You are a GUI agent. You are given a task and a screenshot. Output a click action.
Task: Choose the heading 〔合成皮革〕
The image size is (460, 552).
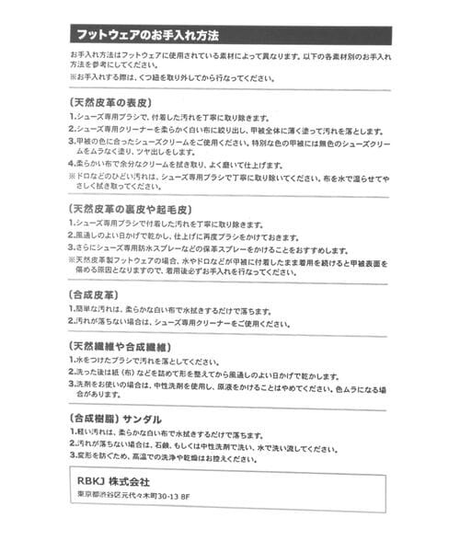click(x=96, y=294)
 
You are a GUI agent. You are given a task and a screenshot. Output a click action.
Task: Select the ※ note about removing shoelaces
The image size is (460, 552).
click(x=166, y=78)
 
